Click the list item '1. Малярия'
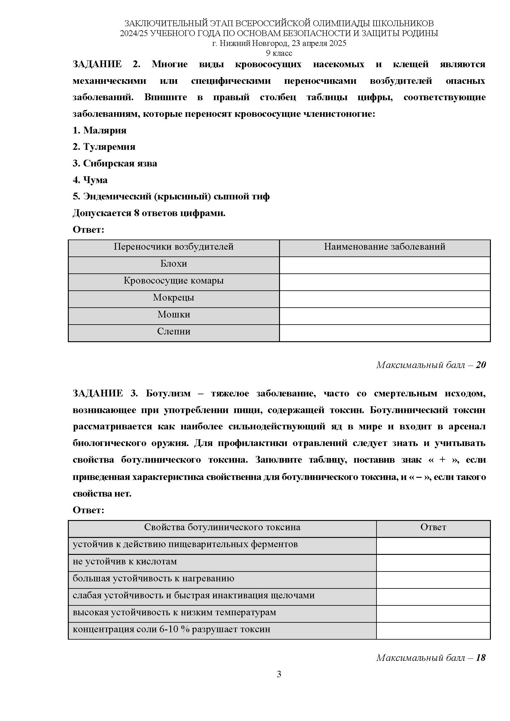point(100,130)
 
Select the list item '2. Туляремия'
point(104,147)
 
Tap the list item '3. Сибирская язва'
point(115,163)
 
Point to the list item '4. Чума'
point(90,180)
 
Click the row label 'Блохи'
point(174,264)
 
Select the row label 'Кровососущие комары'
point(174,281)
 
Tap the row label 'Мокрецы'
point(174,297)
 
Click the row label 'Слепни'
point(174,331)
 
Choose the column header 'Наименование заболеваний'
point(385,247)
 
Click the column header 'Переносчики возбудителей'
point(174,247)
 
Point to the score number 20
point(481,365)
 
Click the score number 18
point(481,658)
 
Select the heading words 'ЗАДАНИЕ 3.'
point(105,393)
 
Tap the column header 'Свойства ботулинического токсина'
point(222,527)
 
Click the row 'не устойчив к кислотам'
point(125,561)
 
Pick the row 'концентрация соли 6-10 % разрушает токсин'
point(171,629)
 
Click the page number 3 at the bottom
point(279,674)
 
